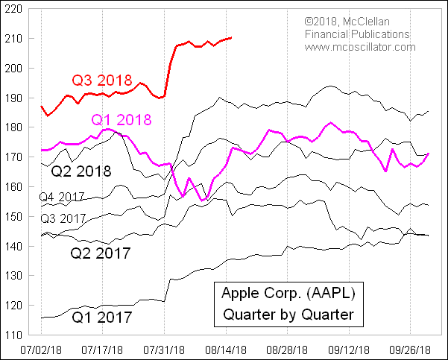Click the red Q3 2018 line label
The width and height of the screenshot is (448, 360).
click(x=101, y=80)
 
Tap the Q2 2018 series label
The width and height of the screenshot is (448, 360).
click(x=81, y=171)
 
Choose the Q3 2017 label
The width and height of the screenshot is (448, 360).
click(x=63, y=218)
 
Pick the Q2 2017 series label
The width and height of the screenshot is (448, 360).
click(x=101, y=253)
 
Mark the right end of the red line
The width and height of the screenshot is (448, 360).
click(x=231, y=37)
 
